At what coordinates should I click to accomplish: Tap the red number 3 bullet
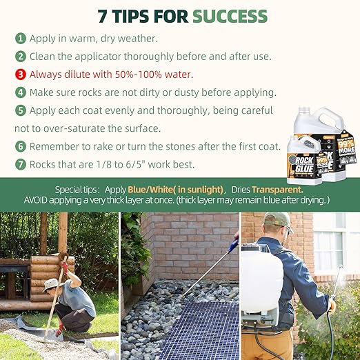(x=21, y=74)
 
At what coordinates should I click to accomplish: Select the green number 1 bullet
(x=21, y=39)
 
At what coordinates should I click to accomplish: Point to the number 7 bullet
(x=21, y=164)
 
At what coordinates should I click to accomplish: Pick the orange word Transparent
(x=277, y=189)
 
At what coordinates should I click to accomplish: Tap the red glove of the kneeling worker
(x=64, y=265)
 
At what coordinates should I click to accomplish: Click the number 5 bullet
(x=21, y=110)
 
